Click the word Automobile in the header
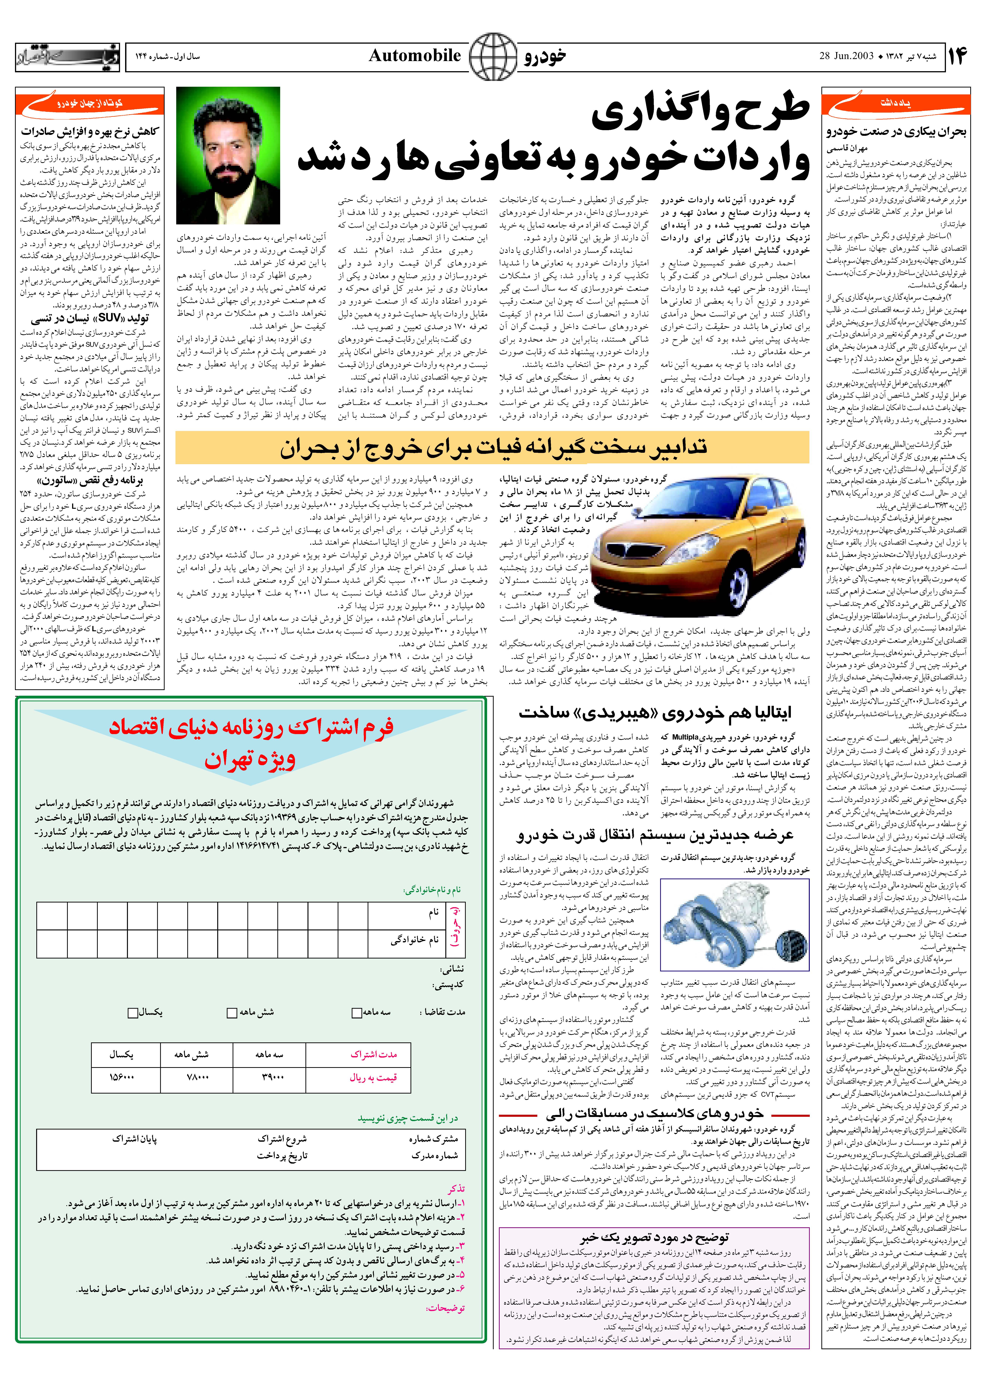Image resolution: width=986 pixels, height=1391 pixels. pyautogui.click(x=415, y=56)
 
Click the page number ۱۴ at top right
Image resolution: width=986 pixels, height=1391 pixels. pyautogui.click(x=956, y=56)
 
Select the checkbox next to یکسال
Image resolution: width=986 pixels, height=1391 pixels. pyautogui.click(x=132, y=1013)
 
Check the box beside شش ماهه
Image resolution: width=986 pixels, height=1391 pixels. pyautogui.click(x=231, y=1013)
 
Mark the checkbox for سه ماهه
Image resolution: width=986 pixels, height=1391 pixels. pyautogui.click(x=357, y=1013)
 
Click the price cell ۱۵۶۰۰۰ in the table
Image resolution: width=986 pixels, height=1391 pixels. pyautogui.click(x=121, y=1077)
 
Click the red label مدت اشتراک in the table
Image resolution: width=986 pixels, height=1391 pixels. pyautogui.click(x=373, y=1055)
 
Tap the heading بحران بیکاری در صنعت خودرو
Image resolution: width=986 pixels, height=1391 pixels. pyautogui.click(x=896, y=132)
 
